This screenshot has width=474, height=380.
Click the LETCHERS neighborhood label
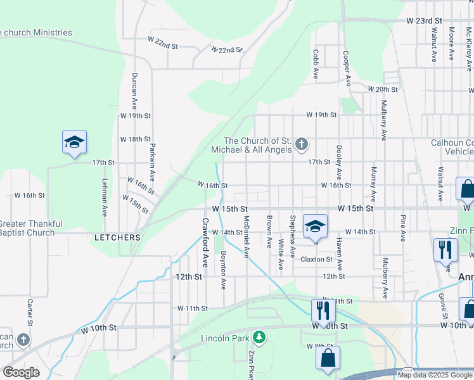117,237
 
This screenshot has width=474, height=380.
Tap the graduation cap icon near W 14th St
315,227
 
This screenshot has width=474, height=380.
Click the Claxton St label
316,259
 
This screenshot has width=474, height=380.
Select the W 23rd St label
423,20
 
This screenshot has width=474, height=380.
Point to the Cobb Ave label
315,65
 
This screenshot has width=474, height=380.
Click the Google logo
20,372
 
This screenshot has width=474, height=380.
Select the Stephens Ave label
292,237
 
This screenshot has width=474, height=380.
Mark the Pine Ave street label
402,228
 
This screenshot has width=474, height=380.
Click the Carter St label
29,308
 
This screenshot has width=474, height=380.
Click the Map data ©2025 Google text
434,375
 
